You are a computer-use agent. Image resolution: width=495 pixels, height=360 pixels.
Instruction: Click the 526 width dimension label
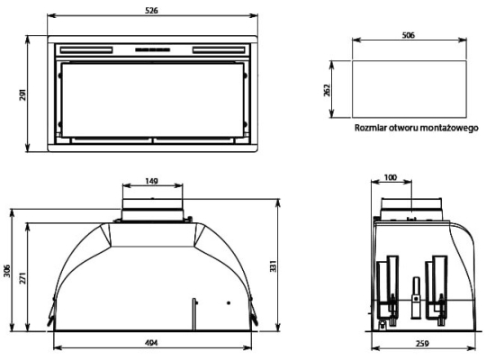pos(151,11)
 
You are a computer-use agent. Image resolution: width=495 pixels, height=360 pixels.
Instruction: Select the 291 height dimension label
pos(23,94)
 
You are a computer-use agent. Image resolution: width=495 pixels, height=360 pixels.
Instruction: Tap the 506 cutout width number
pos(409,35)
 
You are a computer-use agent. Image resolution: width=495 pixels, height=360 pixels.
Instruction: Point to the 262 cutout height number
pos(327,90)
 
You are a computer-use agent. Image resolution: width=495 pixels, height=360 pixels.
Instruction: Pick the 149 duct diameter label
pos(152,181)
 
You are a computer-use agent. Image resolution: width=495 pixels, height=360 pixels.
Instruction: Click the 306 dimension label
pos(7,271)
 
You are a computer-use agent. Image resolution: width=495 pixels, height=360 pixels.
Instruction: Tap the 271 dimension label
pos(23,278)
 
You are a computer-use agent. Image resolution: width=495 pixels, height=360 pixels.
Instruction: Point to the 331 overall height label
pos(273,266)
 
